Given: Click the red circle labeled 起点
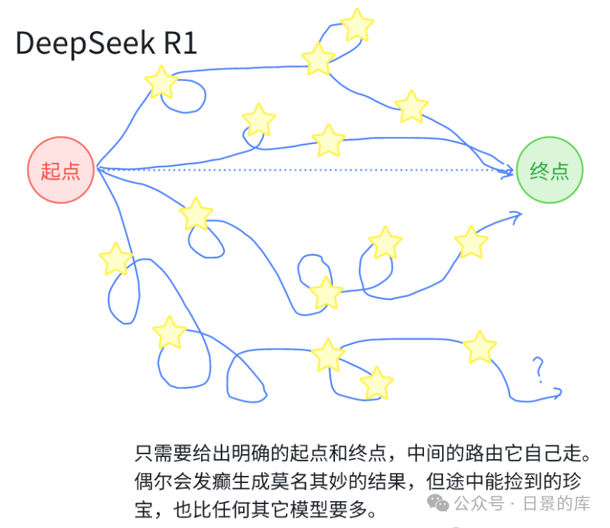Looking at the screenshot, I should [61, 171].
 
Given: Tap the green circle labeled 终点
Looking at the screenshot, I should [549, 171].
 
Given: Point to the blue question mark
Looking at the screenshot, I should [538, 369].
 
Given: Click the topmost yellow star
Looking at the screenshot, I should [356, 25].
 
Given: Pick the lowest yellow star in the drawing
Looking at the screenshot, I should [376, 383].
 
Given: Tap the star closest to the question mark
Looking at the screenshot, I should [479, 348].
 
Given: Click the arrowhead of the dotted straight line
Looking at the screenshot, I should [509, 171].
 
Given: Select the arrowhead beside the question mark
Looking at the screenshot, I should [556, 393].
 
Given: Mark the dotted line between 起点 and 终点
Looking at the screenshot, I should [304, 171].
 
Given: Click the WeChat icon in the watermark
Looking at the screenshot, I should [438, 502].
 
